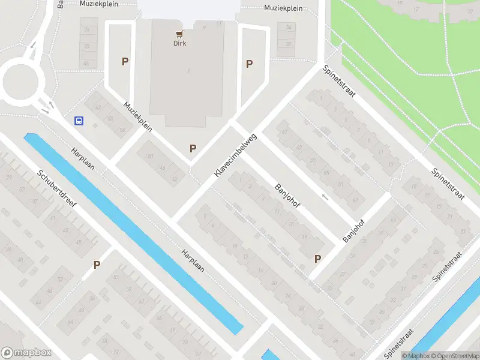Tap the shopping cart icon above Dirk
pyautogui.click(x=179, y=34)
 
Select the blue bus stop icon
pyautogui.click(x=79, y=121)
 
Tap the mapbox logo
pyautogui.click(x=26, y=353)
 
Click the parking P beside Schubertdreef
pyautogui.click(x=97, y=265)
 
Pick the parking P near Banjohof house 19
pyautogui.click(x=317, y=259)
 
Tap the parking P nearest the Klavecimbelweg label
pyautogui.click(x=193, y=148)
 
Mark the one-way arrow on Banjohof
pyautogui.click(x=325, y=197)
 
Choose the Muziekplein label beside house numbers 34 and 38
pyautogui.click(x=283, y=8)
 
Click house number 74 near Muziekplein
pyautogui.click(x=88, y=29)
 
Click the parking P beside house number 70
pyautogui.click(x=125, y=61)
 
